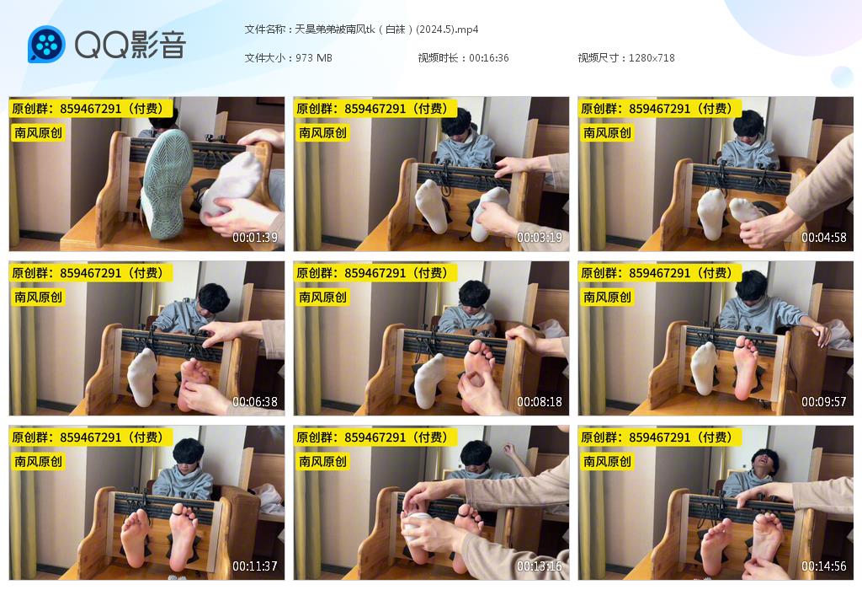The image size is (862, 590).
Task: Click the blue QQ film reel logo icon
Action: click(x=46, y=44)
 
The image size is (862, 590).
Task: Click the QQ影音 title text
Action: click(x=130, y=44)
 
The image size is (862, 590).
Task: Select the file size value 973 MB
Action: click(x=313, y=58)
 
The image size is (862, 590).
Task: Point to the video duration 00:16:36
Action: click(x=488, y=58)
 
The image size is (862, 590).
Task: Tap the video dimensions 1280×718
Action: click(x=652, y=58)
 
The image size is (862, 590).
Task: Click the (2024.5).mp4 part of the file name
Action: click(x=447, y=29)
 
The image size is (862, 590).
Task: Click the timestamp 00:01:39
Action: click(x=254, y=237)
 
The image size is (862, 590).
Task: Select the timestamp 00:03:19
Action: click(x=540, y=237)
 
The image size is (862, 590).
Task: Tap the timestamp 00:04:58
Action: click(x=823, y=237)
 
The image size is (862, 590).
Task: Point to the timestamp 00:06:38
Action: click(x=254, y=402)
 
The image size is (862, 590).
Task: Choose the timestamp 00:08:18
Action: click(x=540, y=402)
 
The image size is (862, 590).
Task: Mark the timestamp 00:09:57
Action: click(x=823, y=402)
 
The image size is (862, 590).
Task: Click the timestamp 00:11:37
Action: click(x=254, y=566)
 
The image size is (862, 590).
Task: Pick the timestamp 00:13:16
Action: click(x=540, y=566)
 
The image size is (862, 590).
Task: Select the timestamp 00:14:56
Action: click(x=823, y=566)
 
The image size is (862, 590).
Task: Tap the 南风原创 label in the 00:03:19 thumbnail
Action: click(x=322, y=132)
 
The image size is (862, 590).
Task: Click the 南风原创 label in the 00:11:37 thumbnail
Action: click(x=39, y=461)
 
